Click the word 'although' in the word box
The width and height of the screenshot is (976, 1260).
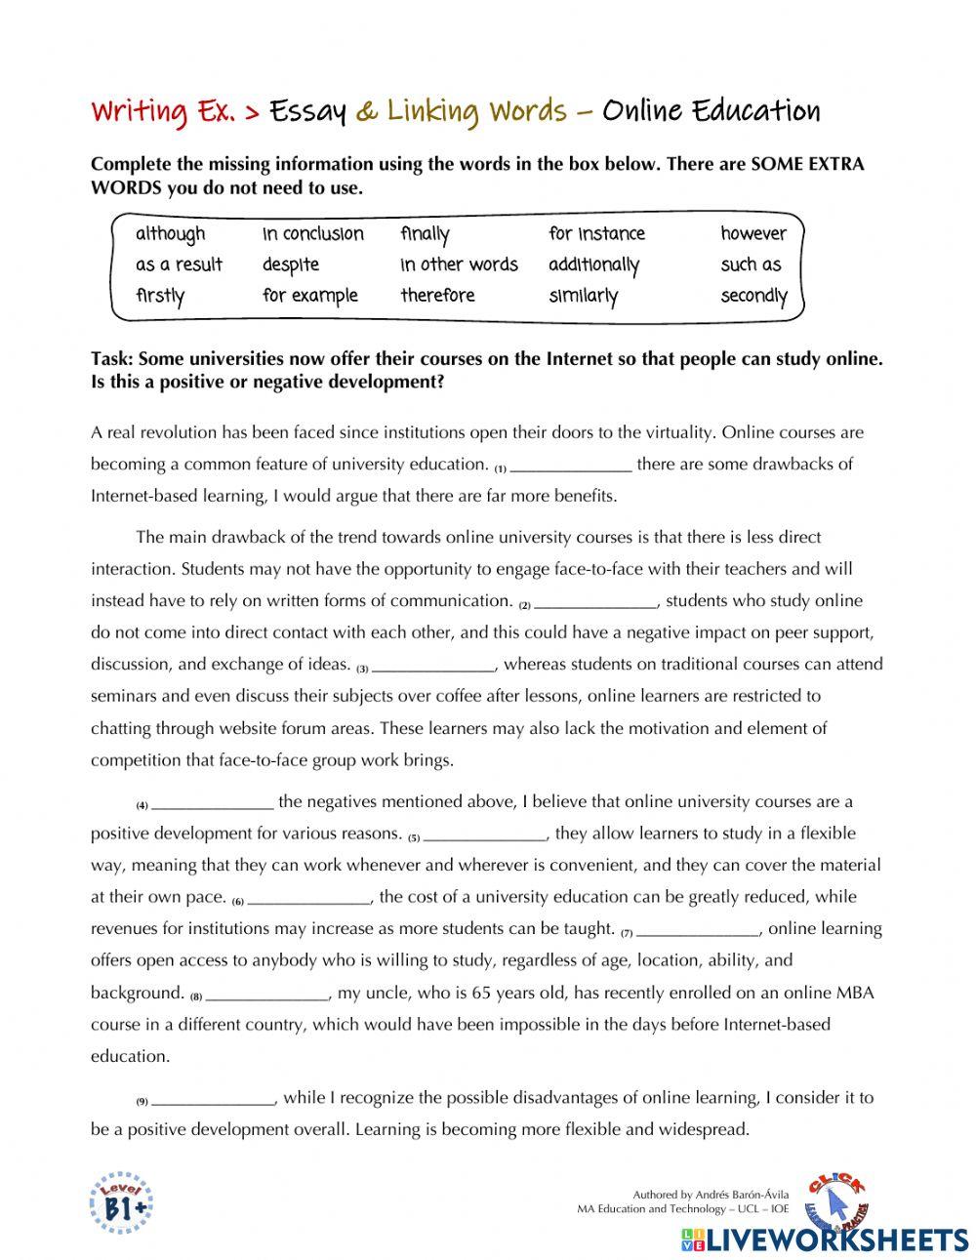pyautogui.click(x=171, y=234)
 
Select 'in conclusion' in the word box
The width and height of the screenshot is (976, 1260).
pyautogui.click(x=312, y=234)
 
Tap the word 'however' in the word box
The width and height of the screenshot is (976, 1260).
pyautogui.click(x=752, y=234)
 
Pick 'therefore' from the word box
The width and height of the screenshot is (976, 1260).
pyautogui.click(x=437, y=296)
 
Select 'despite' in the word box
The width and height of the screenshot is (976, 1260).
pyautogui.click(x=291, y=265)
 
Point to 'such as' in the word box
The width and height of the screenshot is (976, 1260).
pyautogui.click(x=751, y=265)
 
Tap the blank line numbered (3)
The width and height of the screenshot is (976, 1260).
pyautogui.click(x=434, y=667)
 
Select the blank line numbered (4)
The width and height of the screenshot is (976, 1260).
pyautogui.click(x=213, y=804)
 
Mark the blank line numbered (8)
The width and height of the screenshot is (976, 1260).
pyautogui.click(x=267, y=996)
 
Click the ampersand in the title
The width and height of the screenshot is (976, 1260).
pyautogui.click(x=367, y=112)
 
